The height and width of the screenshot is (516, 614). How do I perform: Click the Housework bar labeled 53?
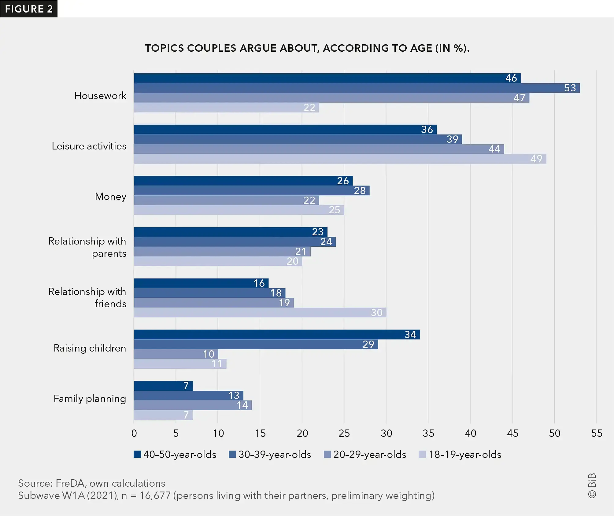357,88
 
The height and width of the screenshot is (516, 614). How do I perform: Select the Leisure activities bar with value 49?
340,159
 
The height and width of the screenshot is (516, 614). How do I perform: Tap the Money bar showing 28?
251,190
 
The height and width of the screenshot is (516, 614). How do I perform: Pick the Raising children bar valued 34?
277,334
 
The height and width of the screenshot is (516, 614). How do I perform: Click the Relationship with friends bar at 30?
260,312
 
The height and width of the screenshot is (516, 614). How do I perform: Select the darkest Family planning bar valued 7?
163,386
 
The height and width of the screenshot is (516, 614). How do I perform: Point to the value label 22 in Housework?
309,108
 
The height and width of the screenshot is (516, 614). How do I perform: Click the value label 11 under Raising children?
217,364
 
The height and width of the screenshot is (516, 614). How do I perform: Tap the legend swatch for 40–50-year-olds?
137,454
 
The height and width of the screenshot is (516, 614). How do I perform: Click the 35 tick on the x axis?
428,433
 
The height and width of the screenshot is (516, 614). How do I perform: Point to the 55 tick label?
596,433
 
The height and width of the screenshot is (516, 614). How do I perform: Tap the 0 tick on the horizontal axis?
134,433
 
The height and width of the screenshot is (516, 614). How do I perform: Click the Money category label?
110,197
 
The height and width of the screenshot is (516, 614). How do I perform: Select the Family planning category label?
90,399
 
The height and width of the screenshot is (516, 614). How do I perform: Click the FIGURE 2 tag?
29,9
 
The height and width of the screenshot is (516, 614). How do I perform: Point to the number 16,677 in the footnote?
155,496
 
